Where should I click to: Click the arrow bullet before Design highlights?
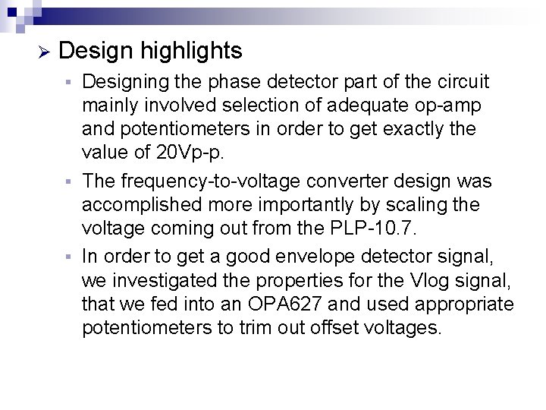(43, 52)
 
